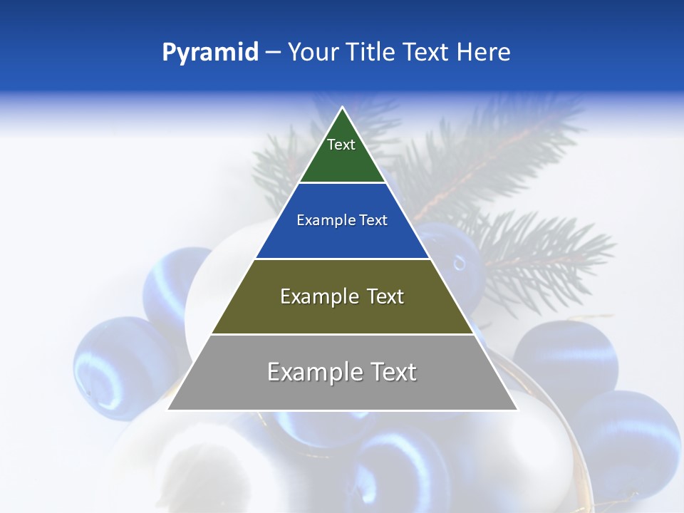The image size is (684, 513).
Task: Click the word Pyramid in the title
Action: [210, 53]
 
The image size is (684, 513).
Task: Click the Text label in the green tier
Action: [341, 145]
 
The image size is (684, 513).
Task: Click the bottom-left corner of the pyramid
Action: [168, 410]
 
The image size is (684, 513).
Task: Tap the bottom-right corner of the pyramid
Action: [517, 410]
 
